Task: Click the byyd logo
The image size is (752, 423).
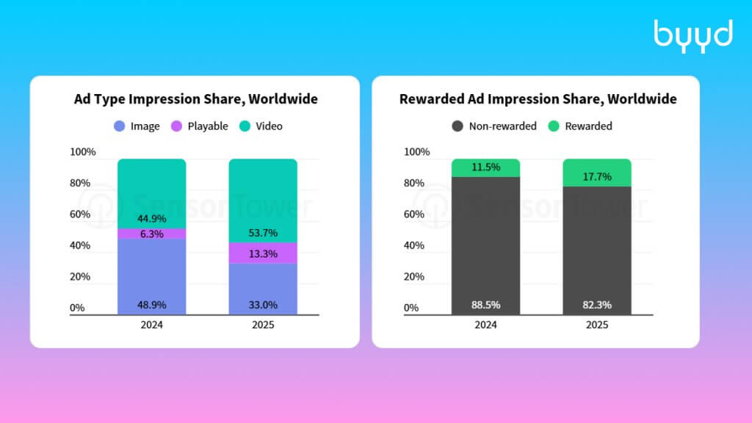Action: click(x=693, y=36)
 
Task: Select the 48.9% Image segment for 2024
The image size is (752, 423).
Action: click(x=151, y=277)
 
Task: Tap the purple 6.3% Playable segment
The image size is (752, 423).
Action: click(x=151, y=234)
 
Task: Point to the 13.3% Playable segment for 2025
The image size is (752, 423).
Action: click(x=263, y=253)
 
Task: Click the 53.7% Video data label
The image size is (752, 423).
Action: click(x=263, y=233)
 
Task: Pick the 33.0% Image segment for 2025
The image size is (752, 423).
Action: click(x=263, y=289)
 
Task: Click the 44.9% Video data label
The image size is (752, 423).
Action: click(x=151, y=219)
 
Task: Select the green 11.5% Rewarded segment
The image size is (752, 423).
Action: click(x=485, y=168)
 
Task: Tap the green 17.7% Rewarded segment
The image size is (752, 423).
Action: click(x=596, y=173)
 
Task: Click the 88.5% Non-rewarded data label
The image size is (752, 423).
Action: click(x=485, y=305)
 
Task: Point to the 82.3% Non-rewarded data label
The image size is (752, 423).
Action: click(x=596, y=305)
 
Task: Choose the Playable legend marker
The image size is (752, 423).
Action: click(x=176, y=126)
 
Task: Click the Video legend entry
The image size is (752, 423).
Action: click(x=261, y=126)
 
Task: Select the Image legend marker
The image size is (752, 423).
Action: click(x=120, y=126)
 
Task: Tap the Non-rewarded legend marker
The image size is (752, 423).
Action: click(x=458, y=126)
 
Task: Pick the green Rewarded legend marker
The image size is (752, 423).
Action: click(x=554, y=126)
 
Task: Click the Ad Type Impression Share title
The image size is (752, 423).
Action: click(x=195, y=99)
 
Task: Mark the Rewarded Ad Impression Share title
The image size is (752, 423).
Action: click(x=538, y=99)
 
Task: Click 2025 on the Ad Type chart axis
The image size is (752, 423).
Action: click(x=263, y=325)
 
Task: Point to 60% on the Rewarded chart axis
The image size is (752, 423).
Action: click(x=414, y=214)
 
